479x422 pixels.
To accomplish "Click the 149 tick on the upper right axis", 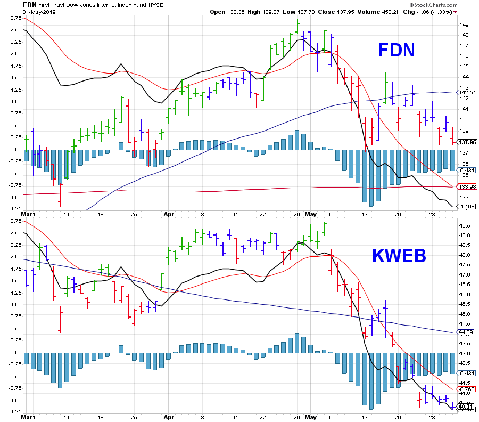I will [x=464, y=25].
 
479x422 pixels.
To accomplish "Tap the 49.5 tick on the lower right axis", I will [x=465, y=225].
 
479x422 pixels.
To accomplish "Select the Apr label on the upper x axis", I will [x=169, y=215].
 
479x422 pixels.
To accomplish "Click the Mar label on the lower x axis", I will [x=28, y=418].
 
